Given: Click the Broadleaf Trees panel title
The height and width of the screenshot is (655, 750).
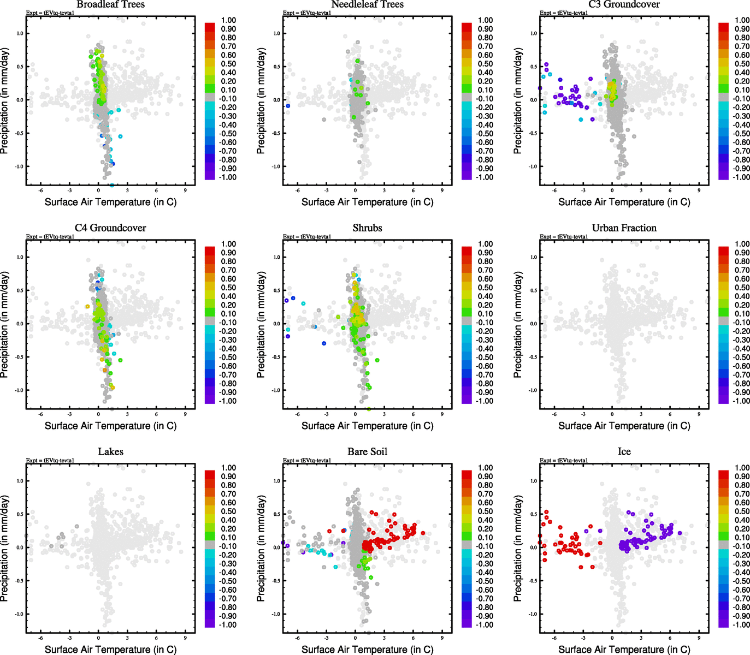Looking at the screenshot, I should (x=110, y=4).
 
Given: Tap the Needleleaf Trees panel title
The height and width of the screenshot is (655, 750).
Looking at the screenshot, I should (x=367, y=4).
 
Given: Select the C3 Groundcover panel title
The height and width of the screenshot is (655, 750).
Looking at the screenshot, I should (x=624, y=4).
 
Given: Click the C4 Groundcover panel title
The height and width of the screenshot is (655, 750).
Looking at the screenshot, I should (x=110, y=228).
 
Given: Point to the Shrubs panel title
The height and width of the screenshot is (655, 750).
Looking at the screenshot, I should (x=367, y=228).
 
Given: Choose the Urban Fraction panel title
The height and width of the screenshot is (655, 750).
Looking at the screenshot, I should (x=624, y=228).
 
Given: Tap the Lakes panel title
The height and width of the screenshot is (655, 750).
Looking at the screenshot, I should (x=110, y=452).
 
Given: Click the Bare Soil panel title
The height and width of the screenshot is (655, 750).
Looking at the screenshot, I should (x=367, y=452).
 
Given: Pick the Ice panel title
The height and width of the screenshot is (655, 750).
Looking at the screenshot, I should (x=624, y=452).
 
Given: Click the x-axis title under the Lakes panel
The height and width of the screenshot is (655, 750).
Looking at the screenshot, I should (x=110, y=650).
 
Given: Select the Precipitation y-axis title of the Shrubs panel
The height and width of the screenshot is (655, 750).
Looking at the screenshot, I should (x=261, y=325).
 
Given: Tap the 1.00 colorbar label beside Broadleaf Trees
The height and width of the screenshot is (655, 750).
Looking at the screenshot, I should (x=228, y=20).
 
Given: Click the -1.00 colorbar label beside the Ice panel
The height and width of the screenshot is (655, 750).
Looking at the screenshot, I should (x=741, y=625).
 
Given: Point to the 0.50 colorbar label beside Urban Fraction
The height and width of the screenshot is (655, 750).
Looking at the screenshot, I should (x=742, y=288).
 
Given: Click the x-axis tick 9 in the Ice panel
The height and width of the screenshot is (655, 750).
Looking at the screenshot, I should (x=699, y=638).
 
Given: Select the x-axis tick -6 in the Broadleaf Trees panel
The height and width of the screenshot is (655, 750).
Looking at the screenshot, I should (x=40, y=190).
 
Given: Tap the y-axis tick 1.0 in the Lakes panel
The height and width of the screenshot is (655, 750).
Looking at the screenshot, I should (x=20, y=481).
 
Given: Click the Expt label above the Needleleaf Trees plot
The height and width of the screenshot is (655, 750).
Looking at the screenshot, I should (x=306, y=13).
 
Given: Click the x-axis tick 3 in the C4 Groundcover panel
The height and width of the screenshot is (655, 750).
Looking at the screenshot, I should (x=127, y=414).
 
